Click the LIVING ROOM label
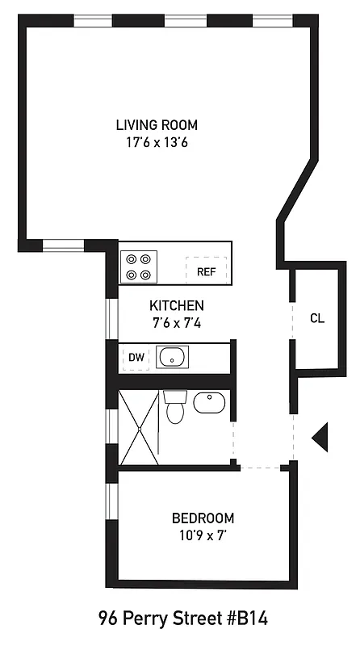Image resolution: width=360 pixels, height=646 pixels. point(157,125)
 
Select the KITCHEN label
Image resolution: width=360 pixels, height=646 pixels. point(177,306)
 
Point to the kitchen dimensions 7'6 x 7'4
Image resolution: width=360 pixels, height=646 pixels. point(177,323)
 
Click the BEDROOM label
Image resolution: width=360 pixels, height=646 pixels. point(203,518)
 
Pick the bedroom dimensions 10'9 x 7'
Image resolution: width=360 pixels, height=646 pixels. point(203,535)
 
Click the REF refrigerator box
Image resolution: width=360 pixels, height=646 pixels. point(206,271)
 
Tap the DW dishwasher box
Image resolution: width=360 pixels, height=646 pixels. point(136,357)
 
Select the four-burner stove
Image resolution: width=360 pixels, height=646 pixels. point(138,266)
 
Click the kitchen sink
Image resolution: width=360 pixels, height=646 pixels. point(172,356)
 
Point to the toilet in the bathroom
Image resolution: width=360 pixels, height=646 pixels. point(175,408)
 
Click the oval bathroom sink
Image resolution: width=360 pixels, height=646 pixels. point(209,401)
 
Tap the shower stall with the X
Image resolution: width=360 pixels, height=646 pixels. point(139,427)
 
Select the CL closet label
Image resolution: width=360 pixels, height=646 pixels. point(317,318)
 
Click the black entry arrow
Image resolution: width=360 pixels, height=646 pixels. point(320,438)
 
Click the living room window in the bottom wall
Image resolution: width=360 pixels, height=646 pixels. point(64,245)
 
